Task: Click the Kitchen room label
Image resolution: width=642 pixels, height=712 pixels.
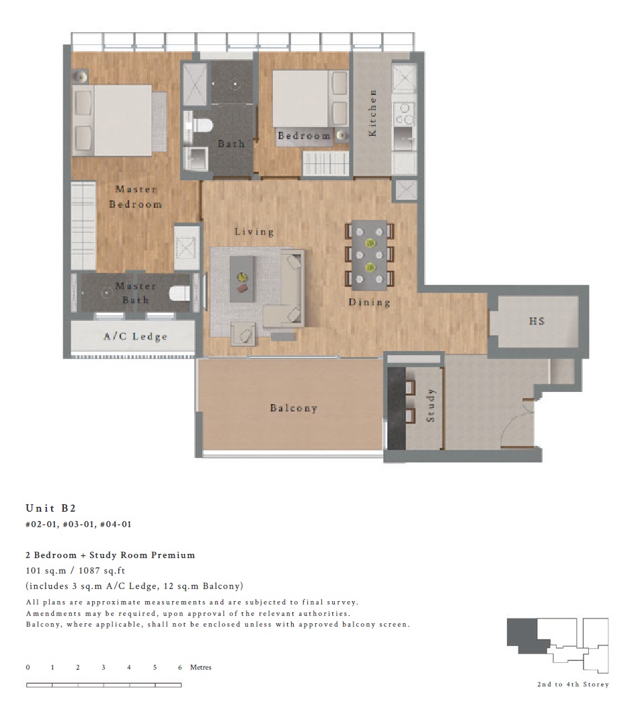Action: click(x=372, y=112)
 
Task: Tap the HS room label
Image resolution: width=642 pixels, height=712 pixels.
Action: click(x=536, y=321)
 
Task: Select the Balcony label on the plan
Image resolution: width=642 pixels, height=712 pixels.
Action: click(x=293, y=407)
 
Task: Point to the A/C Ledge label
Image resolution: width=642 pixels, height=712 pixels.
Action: click(x=135, y=336)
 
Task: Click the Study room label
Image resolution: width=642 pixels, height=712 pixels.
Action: click(x=430, y=405)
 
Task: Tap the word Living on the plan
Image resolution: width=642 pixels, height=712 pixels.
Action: click(x=254, y=231)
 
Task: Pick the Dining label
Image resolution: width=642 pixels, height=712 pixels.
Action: click(x=369, y=303)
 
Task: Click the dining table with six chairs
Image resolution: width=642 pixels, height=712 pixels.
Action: click(x=370, y=255)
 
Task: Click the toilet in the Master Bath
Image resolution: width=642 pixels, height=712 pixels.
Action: click(x=179, y=293)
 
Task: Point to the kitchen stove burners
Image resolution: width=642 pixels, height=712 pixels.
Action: click(x=403, y=114)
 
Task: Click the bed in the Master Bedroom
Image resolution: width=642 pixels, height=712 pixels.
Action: click(x=119, y=120)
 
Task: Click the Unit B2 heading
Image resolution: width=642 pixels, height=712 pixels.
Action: click(x=51, y=508)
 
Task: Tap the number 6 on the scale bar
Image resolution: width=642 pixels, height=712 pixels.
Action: click(x=180, y=667)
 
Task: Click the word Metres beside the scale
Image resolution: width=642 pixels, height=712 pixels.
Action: click(x=201, y=667)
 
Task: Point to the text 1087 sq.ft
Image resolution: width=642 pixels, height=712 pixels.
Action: click(x=102, y=571)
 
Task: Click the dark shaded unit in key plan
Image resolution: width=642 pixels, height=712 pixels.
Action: click(x=526, y=636)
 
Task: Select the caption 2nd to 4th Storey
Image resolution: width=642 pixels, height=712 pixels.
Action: click(x=573, y=684)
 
